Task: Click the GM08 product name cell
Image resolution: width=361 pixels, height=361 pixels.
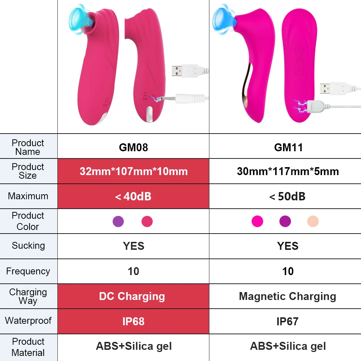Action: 133,147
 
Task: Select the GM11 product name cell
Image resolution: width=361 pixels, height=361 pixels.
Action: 288,147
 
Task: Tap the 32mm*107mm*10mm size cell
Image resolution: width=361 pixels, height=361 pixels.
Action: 133,171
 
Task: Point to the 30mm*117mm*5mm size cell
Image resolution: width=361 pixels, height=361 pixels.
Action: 288,171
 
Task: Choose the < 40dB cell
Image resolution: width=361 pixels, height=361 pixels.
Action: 133,196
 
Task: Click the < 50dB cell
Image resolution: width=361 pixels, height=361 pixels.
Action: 288,196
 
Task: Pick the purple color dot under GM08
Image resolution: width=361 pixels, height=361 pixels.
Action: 118,221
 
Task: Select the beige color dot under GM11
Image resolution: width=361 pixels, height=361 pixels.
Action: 313,221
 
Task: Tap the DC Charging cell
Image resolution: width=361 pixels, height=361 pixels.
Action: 132,296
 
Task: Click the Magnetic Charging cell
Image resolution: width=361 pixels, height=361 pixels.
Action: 287,296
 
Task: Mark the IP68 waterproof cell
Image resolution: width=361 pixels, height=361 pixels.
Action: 133,321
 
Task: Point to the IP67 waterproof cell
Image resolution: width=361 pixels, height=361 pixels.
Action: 287,321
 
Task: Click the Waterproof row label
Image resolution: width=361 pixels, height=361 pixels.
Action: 28,321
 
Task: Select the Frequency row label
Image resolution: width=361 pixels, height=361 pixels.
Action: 28,271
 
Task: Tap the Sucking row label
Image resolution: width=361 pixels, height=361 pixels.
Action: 28,246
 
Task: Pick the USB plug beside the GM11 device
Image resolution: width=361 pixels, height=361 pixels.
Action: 332,88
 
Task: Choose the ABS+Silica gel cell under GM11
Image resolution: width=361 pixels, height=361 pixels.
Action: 288,346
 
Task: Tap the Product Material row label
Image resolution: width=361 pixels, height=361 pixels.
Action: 28,347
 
